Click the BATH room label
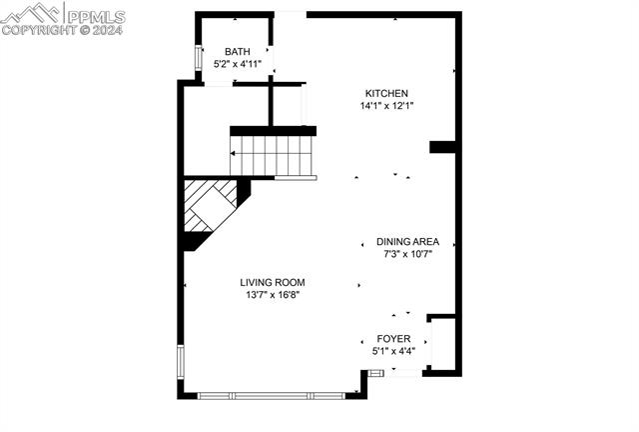tap(238, 52)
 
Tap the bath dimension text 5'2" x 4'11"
tap(238, 64)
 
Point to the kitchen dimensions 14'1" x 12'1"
tap(386, 105)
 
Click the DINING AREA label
tap(407, 242)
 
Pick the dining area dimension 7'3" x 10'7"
tap(407, 254)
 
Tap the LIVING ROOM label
tap(273, 282)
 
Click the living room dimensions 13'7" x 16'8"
tap(273, 294)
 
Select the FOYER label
tap(393, 340)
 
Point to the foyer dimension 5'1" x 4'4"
tap(393, 352)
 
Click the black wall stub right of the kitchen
tap(444, 147)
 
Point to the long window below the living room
tap(270, 395)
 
